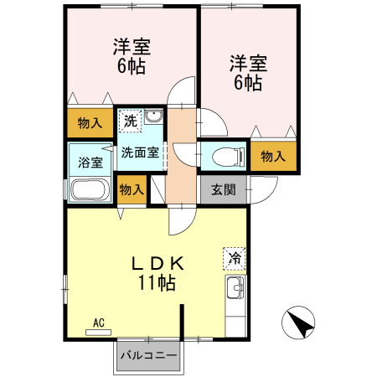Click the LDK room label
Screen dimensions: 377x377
(157, 263)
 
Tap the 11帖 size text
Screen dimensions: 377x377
(157, 283)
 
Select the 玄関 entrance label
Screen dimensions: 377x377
(223, 188)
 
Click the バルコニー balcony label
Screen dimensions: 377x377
(147, 356)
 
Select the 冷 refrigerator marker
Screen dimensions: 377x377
(235, 258)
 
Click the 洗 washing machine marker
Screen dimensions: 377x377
(130, 121)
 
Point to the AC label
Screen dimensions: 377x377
(98, 322)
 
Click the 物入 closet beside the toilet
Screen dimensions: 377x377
(273, 156)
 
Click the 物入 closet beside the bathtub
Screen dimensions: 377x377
(132, 188)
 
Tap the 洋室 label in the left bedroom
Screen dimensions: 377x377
(132, 46)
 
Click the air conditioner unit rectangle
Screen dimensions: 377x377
(98, 332)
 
